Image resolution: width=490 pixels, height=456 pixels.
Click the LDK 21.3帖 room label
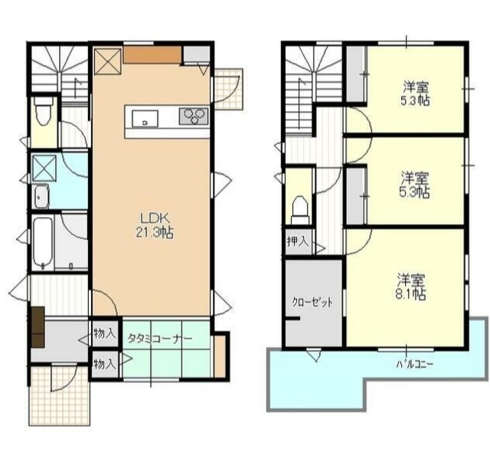click(x=155, y=225)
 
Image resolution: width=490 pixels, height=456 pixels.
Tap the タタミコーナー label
click(x=159, y=339)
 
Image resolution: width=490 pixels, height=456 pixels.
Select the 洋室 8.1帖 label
click(x=410, y=287)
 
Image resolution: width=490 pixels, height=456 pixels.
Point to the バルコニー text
click(x=414, y=364)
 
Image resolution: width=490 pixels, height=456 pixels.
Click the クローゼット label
click(x=312, y=303)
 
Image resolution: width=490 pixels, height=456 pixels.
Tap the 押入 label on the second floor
click(x=298, y=241)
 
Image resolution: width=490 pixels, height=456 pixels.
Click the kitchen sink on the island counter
click(x=145, y=119)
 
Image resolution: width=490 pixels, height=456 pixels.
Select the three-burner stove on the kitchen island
click(x=194, y=116)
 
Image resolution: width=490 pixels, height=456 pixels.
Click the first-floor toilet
click(x=43, y=110)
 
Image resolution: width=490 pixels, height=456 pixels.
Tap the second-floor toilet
click(x=300, y=210)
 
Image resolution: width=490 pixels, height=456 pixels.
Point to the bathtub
click(x=43, y=244)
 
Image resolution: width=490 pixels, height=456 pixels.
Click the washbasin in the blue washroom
click(x=41, y=197)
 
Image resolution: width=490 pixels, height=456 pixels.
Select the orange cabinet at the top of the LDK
click(x=152, y=54)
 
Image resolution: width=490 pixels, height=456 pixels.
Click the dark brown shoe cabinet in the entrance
click(x=38, y=326)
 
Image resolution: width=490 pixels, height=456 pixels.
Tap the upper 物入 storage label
click(x=105, y=333)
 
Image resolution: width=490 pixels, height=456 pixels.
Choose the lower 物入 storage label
click(x=105, y=364)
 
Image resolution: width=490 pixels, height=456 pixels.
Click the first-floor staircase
click(x=60, y=74)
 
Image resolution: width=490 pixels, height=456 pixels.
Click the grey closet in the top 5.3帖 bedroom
click(x=356, y=74)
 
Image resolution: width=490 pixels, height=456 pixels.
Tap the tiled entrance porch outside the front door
click(x=60, y=395)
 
